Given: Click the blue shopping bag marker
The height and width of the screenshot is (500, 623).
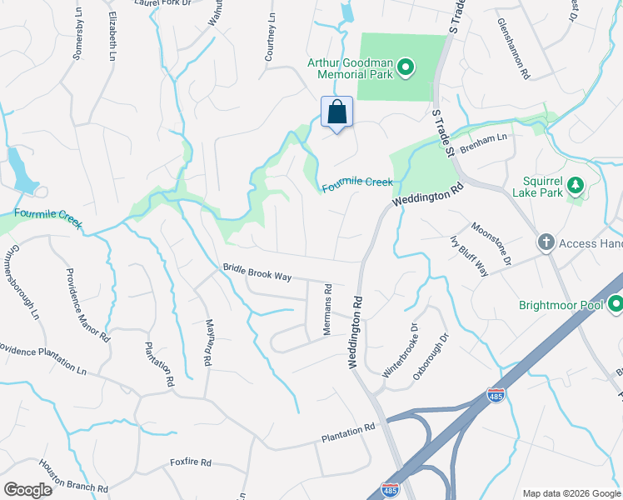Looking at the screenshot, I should [x=336, y=112].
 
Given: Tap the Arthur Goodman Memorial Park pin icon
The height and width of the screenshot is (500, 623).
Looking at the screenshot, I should [x=406, y=67].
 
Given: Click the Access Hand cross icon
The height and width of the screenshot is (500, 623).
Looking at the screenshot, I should [x=546, y=242].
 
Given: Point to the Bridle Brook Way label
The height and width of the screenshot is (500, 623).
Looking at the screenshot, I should [x=257, y=272].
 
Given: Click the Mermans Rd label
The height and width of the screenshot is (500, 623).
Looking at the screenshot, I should [x=327, y=308].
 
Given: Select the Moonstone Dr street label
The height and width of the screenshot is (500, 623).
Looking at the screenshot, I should [x=491, y=244].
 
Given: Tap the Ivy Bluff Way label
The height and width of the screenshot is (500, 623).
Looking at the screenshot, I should [x=469, y=256].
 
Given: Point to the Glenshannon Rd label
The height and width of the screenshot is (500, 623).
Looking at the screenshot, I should [x=513, y=49].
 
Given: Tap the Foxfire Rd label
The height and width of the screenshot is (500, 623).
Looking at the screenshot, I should [x=191, y=462].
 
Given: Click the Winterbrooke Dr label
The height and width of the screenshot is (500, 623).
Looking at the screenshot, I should [x=399, y=352].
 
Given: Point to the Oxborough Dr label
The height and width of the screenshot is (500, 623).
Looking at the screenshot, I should [x=431, y=357].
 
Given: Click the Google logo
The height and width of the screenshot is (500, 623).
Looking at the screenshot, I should [x=27, y=490].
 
